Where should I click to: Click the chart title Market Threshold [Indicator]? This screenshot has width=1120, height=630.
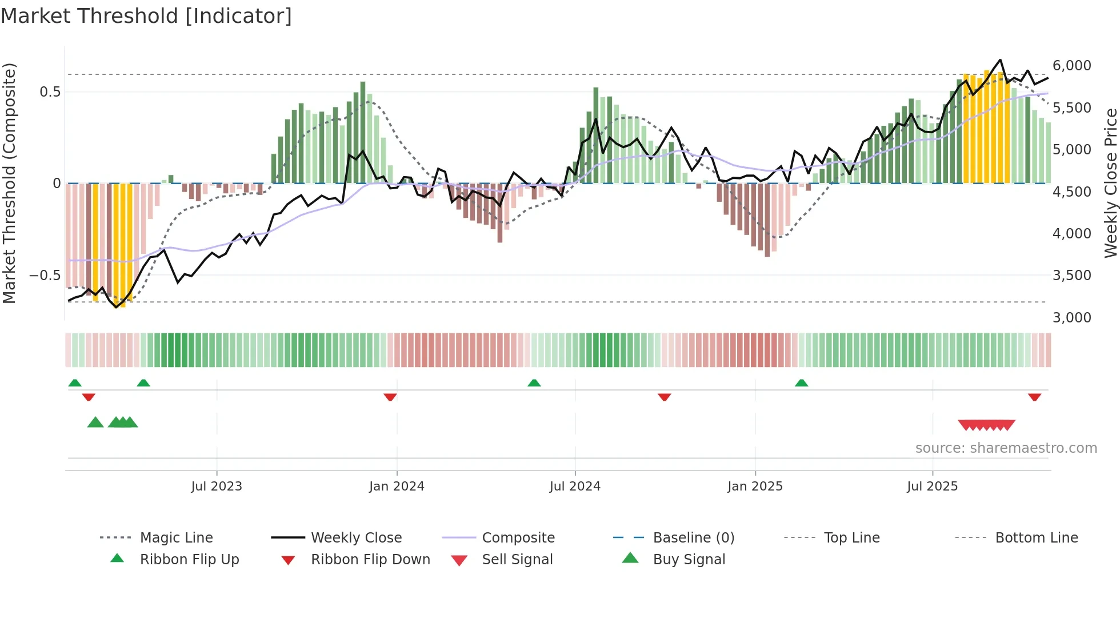click(146, 16)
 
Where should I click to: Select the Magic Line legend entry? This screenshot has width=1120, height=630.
click(176, 538)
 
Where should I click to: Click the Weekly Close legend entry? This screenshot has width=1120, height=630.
click(356, 538)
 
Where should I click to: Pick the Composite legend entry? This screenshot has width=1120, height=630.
click(518, 538)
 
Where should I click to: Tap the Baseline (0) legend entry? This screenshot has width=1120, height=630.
click(693, 538)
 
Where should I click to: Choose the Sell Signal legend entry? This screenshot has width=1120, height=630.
click(517, 560)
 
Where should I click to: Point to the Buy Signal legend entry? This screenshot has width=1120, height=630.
click(689, 560)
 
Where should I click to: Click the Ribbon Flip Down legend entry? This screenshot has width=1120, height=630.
click(370, 560)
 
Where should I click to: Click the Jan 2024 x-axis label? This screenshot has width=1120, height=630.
click(397, 487)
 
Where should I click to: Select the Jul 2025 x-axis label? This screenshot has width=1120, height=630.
click(932, 487)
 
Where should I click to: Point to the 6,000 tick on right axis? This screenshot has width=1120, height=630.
click(1071, 66)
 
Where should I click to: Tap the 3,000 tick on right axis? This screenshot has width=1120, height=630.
click(1071, 318)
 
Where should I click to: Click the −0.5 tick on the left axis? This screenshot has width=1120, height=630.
click(45, 276)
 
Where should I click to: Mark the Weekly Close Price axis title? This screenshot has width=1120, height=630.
click(1110, 183)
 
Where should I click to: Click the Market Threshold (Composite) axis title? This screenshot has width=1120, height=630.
click(9, 183)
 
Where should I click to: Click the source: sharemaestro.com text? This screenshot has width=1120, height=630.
click(1006, 448)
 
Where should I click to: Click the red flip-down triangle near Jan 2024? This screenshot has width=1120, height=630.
click(390, 397)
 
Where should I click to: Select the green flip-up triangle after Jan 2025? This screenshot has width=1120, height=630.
click(801, 383)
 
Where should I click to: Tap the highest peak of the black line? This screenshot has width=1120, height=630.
click(1000, 60)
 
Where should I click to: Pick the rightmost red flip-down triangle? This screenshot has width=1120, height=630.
click(1034, 397)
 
